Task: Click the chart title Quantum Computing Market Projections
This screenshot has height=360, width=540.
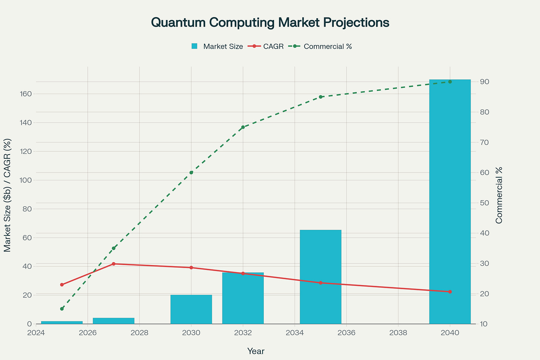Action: [270, 23]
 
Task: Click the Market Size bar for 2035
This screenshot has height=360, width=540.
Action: [320, 277]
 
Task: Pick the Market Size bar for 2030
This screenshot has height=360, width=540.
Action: [191, 309]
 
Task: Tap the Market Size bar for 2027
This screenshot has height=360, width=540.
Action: [113, 321]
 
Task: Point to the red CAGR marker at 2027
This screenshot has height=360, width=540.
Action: [113, 264]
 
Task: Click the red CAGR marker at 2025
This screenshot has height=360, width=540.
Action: [62, 285]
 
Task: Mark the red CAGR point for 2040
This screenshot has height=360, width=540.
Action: [450, 292]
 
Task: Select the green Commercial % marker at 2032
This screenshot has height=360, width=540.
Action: [243, 127]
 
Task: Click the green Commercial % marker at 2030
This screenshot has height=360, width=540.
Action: [191, 172]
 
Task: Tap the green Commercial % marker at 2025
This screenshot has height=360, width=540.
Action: [62, 309]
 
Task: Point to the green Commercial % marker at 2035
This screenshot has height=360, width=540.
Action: [320, 97]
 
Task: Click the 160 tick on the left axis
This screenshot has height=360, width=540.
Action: [26, 94]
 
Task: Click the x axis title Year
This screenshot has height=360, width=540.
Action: [256, 351]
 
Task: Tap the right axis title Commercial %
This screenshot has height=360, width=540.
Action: [499, 195]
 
